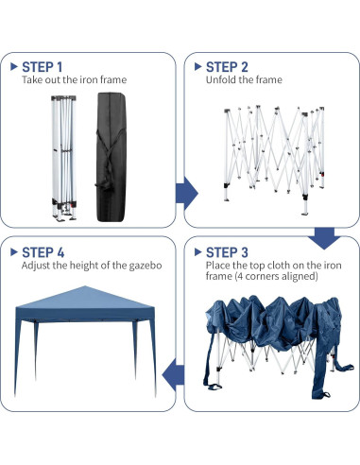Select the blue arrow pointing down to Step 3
[x=326, y=236]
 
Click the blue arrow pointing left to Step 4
[x=172, y=375]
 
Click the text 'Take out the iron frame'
[x=75, y=80]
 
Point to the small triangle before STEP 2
[x=197, y=67]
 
